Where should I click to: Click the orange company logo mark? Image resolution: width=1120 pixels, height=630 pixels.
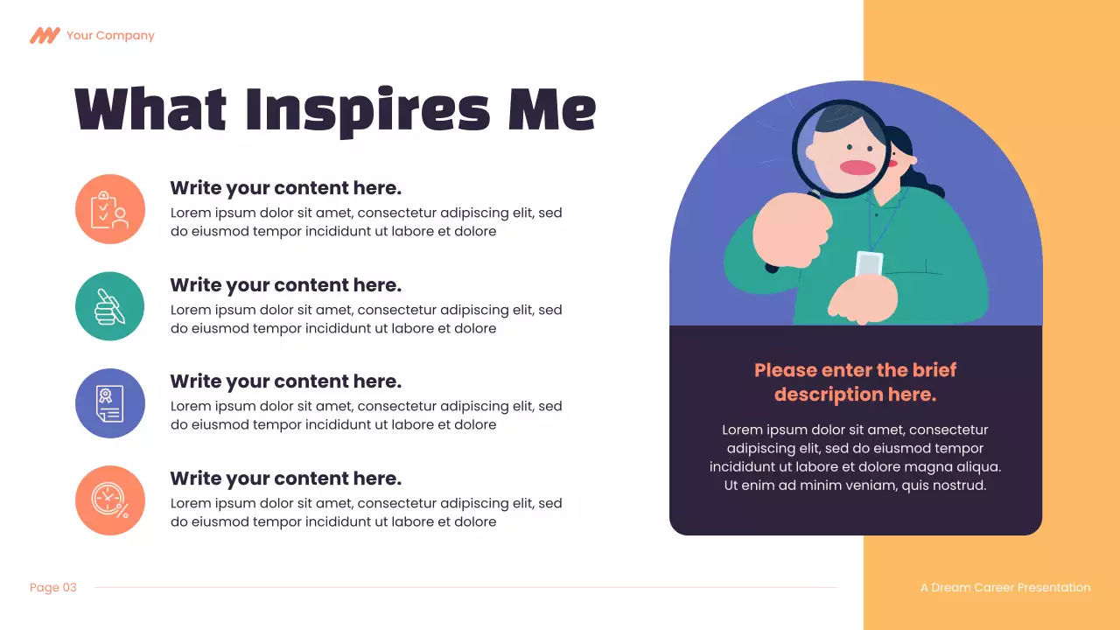pos(44,36)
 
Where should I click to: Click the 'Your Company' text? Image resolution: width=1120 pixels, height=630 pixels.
pos(110,36)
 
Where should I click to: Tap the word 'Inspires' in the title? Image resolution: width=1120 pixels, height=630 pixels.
pos(367,110)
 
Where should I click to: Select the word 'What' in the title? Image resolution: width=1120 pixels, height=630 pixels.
pos(150,110)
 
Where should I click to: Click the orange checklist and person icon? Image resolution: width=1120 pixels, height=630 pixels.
pos(110,209)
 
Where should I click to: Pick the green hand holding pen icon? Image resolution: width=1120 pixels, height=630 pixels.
pos(110,306)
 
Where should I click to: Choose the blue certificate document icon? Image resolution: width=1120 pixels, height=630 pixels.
pos(110,403)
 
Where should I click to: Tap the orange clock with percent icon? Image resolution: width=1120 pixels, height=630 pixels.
pos(110,500)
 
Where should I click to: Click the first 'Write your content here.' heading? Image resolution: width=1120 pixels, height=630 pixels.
pos(285,188)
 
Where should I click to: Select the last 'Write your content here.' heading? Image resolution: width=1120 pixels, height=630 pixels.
pos(285,479)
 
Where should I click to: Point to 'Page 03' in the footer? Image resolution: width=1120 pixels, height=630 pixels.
pos(53,588)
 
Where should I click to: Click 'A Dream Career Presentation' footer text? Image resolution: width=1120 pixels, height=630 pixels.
pos(1005,588)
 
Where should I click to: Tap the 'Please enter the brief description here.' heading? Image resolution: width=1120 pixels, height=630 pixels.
pos(855,382)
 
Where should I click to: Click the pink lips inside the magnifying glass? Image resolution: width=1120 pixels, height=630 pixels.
pos(857,167)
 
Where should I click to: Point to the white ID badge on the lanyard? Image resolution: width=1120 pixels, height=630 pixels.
pos(869,263)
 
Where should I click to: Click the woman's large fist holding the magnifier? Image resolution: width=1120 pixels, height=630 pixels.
pos(793,231)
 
